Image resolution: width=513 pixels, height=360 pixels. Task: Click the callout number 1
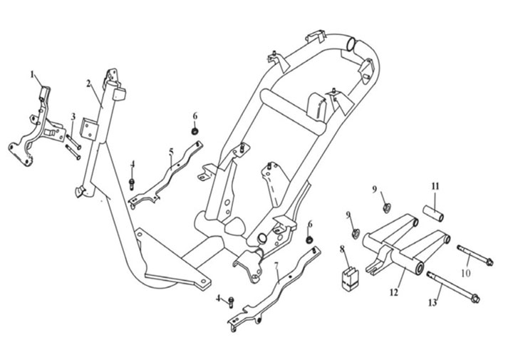tap(32, 73)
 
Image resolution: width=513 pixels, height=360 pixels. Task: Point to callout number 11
tap(435, 186)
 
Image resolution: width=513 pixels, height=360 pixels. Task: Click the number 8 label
tap(342, 249)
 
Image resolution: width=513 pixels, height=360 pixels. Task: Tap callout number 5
tap(171, 151)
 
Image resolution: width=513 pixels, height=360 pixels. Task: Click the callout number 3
tap(73, 116)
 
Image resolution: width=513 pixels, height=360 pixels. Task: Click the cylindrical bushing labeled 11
tap(435, 213)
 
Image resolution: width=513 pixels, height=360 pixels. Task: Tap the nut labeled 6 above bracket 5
tap(194, 131)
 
